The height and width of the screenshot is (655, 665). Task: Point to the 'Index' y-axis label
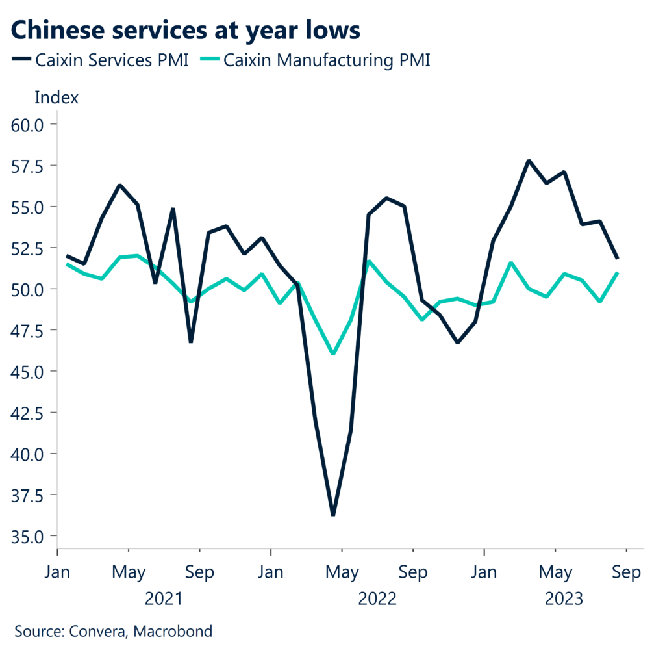(x=56, y=98)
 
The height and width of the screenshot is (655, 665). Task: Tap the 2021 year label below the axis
(x=164, y=598)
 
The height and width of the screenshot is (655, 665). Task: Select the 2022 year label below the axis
(x=377, y=598)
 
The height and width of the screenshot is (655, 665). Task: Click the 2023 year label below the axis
(x=564, y=598)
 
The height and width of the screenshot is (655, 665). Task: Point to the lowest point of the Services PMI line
(x=333, y=515)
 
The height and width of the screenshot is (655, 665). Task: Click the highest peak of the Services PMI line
(x=529, y=161)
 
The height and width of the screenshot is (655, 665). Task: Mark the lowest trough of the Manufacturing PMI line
(x=333, y=353)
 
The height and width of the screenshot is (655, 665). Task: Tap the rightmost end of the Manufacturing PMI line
(x=617, y=273)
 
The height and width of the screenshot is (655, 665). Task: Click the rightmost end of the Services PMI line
(x=617, y=259)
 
